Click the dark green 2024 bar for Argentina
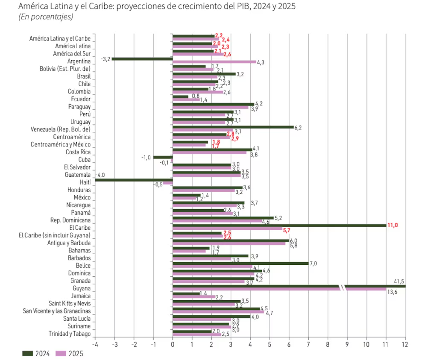(x=142, y=59)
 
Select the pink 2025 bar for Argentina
(x=214, y=62)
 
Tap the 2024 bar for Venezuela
(x=233, y=127)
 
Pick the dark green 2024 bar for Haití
(x=134, y=180)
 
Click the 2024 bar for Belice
(x=240, y=263)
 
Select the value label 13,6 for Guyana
(x=392, y=293)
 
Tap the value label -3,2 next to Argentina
(x=105, y=59)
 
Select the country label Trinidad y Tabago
(x=70, y=334)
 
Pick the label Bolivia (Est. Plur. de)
(x=65, y=69)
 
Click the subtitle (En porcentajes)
(x=46, y=17)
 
